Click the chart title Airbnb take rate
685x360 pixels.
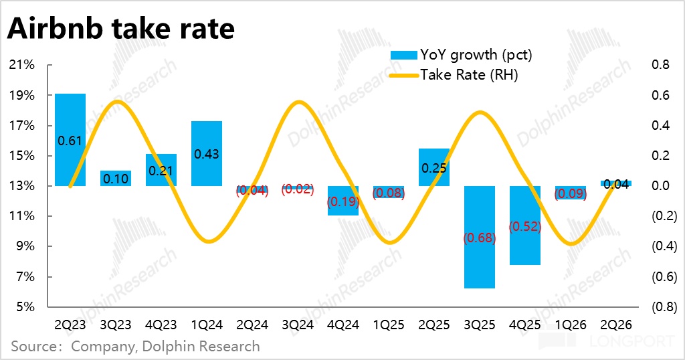tap(121, 28)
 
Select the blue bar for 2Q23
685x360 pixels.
tap(70, 140)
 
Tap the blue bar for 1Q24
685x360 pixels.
tap(207, 153)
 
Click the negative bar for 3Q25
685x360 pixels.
tap(480, 238)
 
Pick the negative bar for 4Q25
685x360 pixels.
tap(525, 226)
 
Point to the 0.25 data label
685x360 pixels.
tap(433, 168)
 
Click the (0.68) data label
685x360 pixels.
tap(480, 238)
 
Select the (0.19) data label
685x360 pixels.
tap(343, 201)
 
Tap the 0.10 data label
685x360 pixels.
tap(116, 179)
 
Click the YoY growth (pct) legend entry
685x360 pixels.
tap(462, 55)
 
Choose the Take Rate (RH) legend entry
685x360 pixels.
tap(454, 75)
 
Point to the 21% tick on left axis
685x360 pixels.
tap(22, 65)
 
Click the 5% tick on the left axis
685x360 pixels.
tap(25, 306)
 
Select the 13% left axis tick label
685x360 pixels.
tap(22, 185)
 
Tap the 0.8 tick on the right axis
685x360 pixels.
tap(660, 65)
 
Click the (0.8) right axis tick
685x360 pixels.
tap(664, 306)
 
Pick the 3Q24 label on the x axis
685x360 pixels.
tap(298, 325)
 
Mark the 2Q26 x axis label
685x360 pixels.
tap(616, 325)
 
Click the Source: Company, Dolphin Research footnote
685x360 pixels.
tap(135, 347)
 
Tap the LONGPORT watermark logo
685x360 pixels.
tap(607, 341)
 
